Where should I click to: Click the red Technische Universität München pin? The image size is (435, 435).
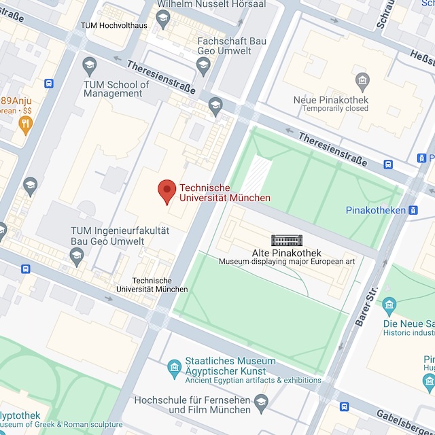167,192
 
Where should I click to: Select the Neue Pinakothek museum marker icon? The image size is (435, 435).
362,82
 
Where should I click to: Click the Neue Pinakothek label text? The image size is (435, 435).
330,100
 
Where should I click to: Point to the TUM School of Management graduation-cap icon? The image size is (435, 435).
89,66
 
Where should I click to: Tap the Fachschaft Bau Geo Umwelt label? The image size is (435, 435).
231,46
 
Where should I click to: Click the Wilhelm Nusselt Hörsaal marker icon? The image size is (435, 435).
162,20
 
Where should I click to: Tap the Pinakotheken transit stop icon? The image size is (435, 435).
413,210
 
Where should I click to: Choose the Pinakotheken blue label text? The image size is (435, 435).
375,211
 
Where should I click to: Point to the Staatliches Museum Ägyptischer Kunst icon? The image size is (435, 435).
174,368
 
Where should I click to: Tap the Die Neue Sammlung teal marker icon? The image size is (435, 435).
389,304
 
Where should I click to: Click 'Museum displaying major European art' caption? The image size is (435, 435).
286,261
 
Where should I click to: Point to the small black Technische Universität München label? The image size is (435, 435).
152,285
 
